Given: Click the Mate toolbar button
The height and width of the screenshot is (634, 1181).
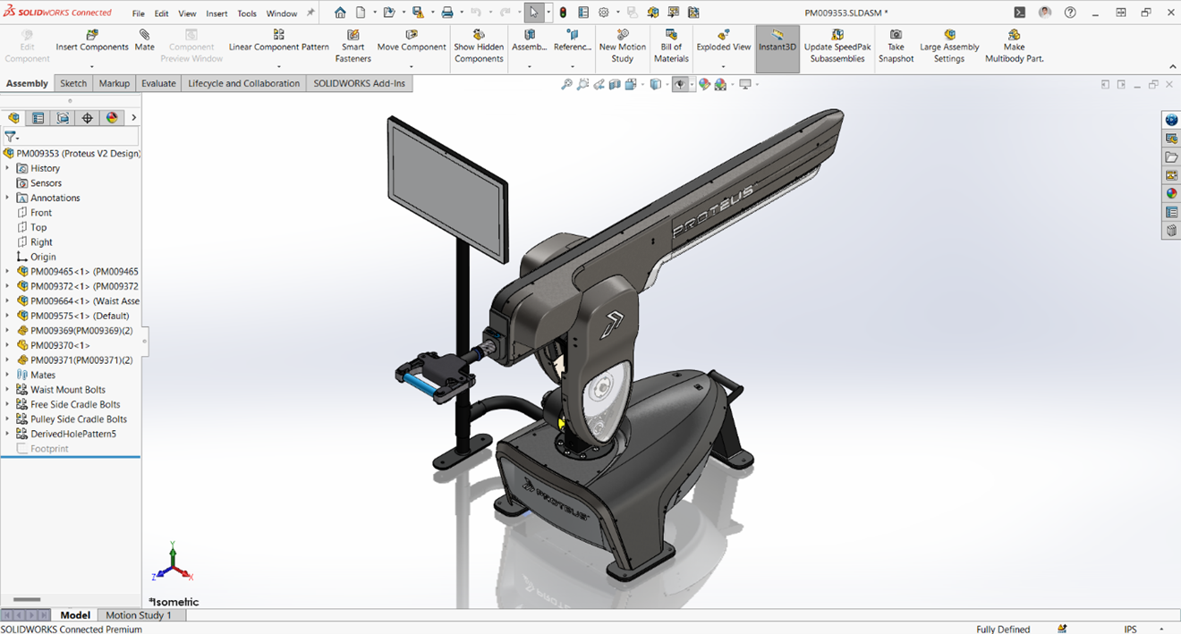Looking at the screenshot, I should (144, 40).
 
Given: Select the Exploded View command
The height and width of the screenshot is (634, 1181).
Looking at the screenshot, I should (723, 40).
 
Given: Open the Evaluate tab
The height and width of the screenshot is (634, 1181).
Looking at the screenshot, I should (158, 83).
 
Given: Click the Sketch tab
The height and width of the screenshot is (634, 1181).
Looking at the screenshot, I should (73, 83).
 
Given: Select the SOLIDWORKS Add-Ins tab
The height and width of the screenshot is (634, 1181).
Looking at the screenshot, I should (359, 83).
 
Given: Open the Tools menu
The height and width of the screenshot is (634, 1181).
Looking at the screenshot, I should (247, 13).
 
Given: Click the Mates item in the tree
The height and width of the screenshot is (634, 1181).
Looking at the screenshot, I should (43, 375).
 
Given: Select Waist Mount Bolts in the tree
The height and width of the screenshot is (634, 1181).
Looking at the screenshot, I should (68, 390).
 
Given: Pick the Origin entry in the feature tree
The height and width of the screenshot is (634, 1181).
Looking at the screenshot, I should (43, 257).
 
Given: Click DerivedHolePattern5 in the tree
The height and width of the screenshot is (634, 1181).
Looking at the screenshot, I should (73, 434).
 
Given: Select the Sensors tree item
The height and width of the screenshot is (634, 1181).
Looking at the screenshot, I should (46, 183).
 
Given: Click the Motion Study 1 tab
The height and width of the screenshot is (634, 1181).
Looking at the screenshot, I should (138, 615).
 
